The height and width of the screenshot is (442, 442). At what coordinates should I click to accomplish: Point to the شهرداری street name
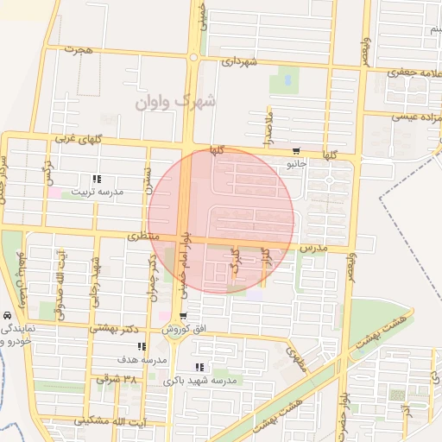tap(238, 62)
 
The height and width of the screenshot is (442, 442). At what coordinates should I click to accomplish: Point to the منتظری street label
tap(145, 235)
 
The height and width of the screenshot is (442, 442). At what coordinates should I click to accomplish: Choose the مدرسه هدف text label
tap(141, 358)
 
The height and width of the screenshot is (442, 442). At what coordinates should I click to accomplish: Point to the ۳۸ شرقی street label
tap(117, 378)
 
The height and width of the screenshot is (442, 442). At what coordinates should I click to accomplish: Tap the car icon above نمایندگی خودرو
tap(7, 316)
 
